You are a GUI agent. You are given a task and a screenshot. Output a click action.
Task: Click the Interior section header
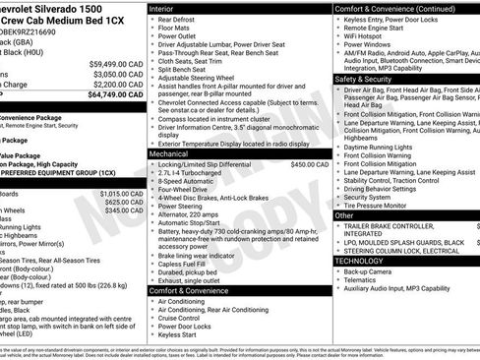tap(162, 8)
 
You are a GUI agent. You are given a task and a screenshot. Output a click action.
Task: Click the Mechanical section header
tap(169, 153)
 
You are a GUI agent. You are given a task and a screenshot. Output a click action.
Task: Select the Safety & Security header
tap(364, 79)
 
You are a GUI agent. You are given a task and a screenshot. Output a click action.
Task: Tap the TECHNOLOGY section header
tap(360, 260)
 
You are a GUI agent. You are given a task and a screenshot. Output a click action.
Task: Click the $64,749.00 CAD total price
tap(119, 95)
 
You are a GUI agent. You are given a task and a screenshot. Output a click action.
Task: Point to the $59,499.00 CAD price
tap(119, 62)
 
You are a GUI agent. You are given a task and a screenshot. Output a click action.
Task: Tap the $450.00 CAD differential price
tap(309, 164)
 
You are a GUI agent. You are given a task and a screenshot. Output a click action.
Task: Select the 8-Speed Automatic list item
tap(187, 181)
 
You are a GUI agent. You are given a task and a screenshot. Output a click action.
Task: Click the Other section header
tap(344, 214)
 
